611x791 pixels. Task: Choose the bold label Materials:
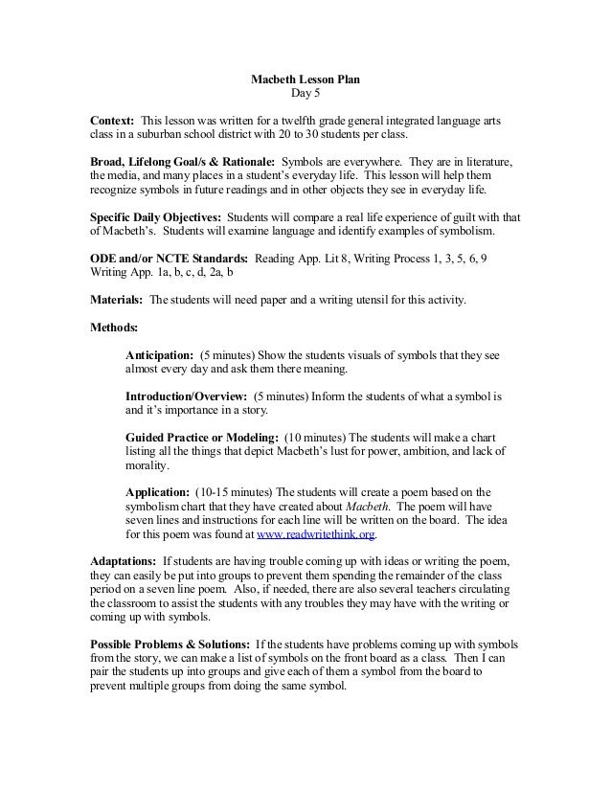[118, 300]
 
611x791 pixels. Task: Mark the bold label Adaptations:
[123, 560]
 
